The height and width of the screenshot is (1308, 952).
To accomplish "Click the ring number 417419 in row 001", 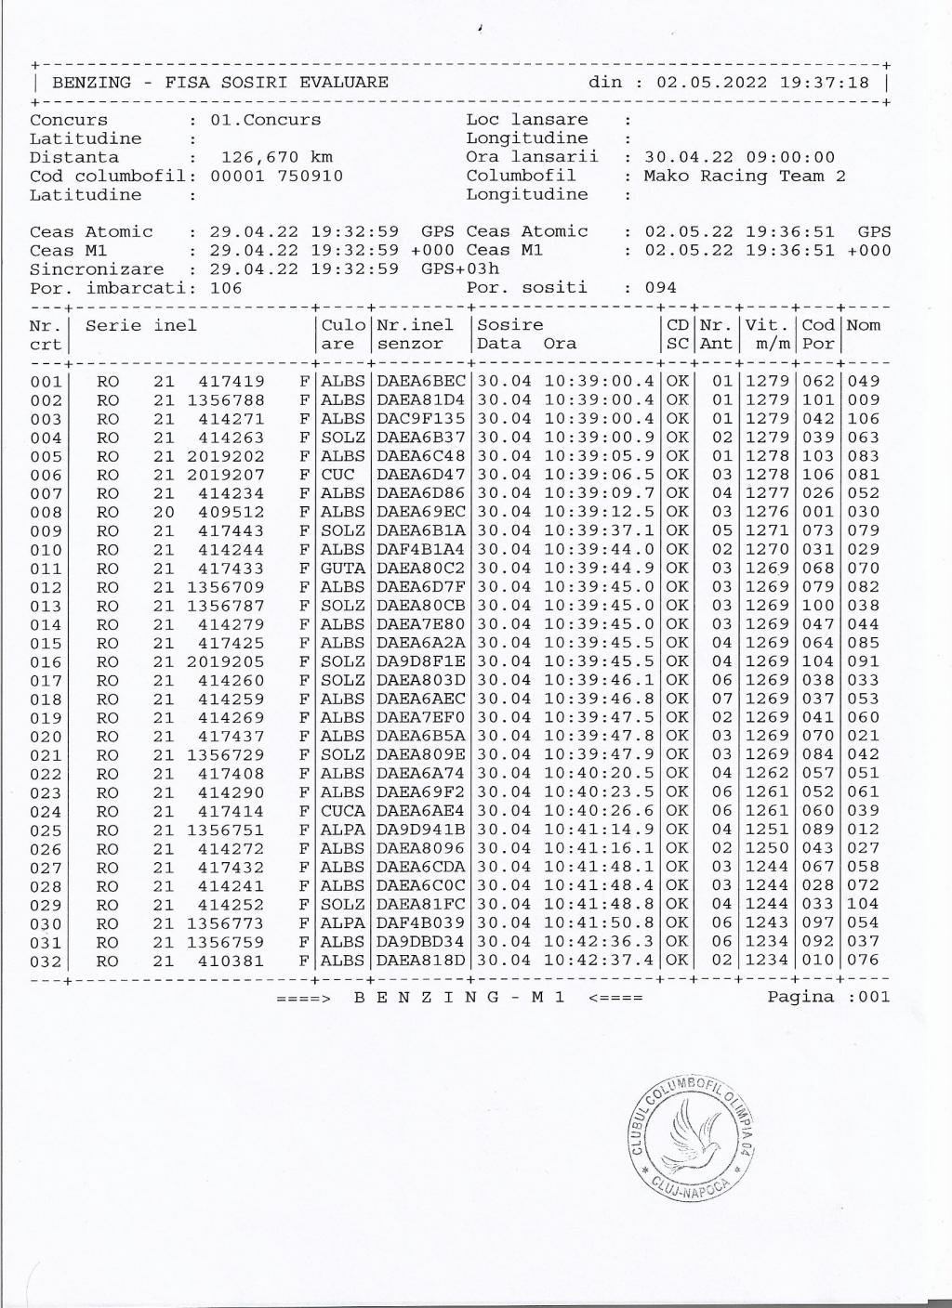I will [231, 381].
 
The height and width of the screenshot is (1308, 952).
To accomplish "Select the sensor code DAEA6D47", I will [420, 475].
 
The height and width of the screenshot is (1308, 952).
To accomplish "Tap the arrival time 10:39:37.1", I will [599, 530].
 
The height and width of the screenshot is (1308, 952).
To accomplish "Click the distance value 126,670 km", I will [276, 157].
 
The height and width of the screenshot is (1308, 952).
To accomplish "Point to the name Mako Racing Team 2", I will [745, 176].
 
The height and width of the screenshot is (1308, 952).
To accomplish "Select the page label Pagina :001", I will [827, 997].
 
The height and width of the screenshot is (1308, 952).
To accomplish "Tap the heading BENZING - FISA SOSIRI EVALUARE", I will [219, 82].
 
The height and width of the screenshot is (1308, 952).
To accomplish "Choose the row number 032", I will [46, 961].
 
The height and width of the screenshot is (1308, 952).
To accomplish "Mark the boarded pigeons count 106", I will [226, 288].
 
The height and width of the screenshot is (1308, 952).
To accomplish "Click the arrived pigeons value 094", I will [660, 288].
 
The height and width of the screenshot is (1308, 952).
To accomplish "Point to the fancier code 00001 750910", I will [276, 176].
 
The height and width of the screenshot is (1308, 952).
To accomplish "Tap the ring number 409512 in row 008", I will [231, 512].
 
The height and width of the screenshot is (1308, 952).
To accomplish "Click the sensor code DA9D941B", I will [420, 830].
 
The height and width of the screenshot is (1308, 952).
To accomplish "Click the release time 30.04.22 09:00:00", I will [739, 157].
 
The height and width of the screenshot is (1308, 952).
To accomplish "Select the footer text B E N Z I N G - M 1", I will [460, 998].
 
